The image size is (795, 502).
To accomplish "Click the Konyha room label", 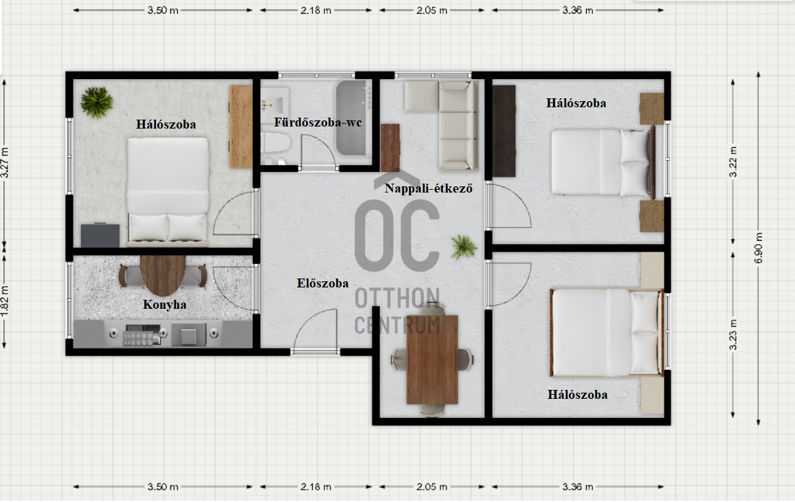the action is pyautogui.click(x=164, y=305).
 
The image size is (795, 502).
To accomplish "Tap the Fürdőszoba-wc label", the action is pyautogui.click(x=318, y=122).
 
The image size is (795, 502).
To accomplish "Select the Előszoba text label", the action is pyautogui.click(x=322, y=283).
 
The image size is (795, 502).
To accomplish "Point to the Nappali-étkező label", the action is pyautogui.click(x=429, y=188).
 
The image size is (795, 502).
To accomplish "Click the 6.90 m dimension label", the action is pyautogui.click(x=759, y=248).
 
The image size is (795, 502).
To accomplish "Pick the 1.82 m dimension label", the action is pyautogui.click(x=5, y=301).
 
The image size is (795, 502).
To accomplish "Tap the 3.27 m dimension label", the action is pyautogui.click(x=5, y=162).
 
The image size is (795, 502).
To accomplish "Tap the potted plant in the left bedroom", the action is pyautogui.click(x=96, y=102).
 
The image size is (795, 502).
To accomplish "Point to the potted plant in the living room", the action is pyautogui.click(x=463, y=247).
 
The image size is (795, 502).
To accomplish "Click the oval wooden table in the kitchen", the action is pyautogui.click(x=163, y=275).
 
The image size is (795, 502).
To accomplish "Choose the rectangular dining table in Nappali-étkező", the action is pyautogui.click(x=432, y=360).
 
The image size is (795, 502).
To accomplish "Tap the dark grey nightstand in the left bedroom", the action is pyautogui.click(x=100, y=235).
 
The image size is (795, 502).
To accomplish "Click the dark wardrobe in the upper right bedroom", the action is pyautogui.click(x=504, y=131).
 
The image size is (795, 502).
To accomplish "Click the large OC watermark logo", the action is pyautogui.click(x=396, y=235).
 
